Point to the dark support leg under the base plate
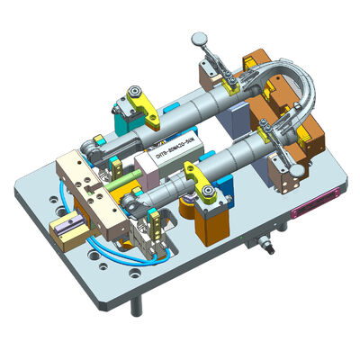tap(136, 306)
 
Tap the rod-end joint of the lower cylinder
tap(135, 208)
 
